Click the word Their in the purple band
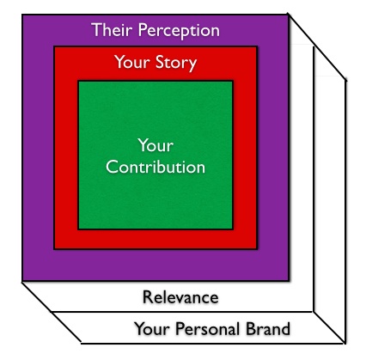pos(113,29)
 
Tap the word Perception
pos(179,31)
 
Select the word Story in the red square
pos(176,63)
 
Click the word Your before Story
pos(132,62)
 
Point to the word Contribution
pos(156,167)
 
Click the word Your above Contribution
pos(156,145)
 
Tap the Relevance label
pos(180,297)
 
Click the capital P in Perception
pos(143,30)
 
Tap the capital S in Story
pos(161,62)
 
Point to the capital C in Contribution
pos(112,167)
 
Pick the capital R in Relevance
pos(148,297)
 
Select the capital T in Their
pos(97,30)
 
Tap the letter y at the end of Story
pos(192,65)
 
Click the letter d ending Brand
pos(285,328)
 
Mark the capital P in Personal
pos(180,328)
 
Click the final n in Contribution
pos(201,169)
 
